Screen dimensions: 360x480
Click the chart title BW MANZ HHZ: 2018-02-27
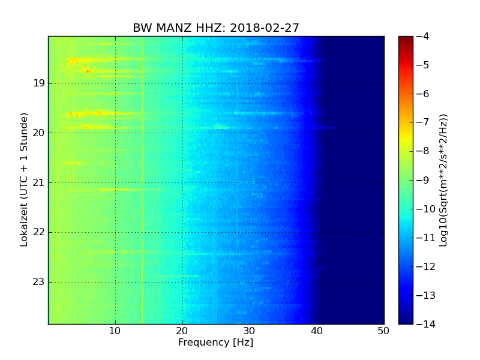pyautogui.click(x=216, y=28)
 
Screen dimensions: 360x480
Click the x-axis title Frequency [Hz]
pyautogui.click(x=216, y=343)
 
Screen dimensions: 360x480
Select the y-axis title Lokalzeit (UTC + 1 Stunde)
pyautogui.click(x=25, y=179)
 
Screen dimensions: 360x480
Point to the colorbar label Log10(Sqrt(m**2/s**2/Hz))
pyautogui.click(x=444, y=180)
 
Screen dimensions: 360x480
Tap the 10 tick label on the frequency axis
pyautogui.click(x=115, y=331)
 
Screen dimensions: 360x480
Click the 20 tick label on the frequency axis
pyautogui.click(x=182, y=331)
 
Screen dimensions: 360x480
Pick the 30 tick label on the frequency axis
pyautogui.click(x=250, y=331)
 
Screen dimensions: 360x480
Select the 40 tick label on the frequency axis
pyautogui.click(x=317, y=331)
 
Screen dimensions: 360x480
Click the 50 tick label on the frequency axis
pyautogui.click(x=383, y=331)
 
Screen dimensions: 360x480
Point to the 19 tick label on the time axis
pyautogui.click(x=39, y=83)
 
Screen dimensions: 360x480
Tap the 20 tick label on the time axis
pyautogui.click(x=39, y=133)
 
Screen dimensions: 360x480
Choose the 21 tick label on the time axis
pyautogui.click(x=39, y=182)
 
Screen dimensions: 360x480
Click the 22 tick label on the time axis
pyautogui.click(x=39, y=232)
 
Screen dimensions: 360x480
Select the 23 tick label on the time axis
pyautogui.click(x=39, y=282)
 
